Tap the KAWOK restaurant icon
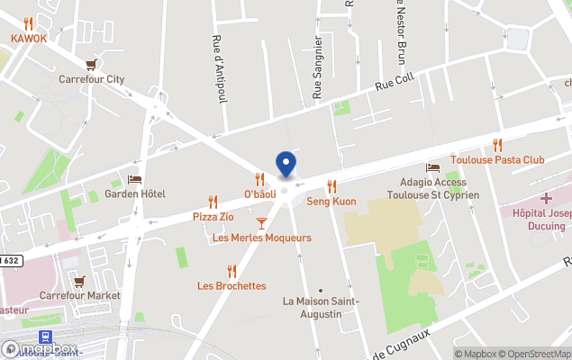pos(29,23)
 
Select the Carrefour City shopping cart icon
pos(91,65)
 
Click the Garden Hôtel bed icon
pos(134,180)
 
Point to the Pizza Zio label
pos(213,217)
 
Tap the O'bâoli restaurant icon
pos(259,179)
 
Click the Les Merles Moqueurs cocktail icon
pos(261,223)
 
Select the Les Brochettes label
pos(232,286)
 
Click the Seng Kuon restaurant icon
pos(331,186)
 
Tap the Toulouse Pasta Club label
pos(497,160)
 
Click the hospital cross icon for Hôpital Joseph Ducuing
pos(546,197)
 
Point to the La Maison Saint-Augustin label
pos(321,307)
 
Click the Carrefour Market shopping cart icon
pos(79,281)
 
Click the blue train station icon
pos(46,337)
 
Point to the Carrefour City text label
pos(91,79)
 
